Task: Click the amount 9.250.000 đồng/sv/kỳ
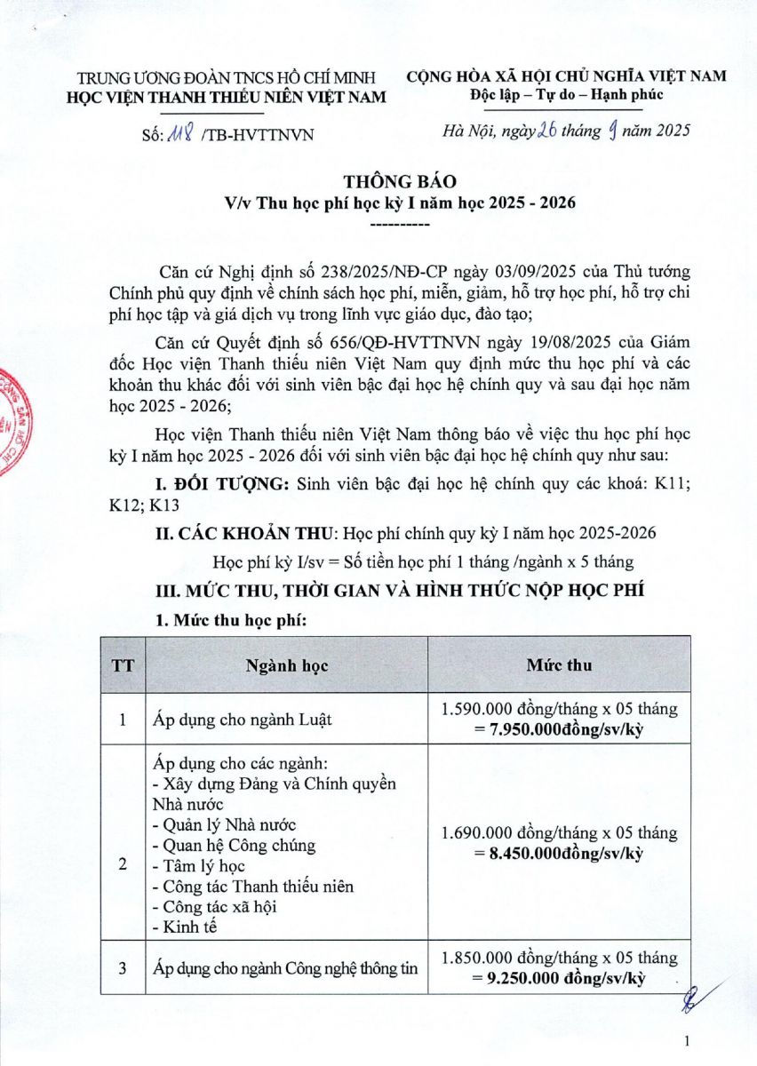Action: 559,978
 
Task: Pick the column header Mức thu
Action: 559,664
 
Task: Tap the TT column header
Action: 124,664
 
